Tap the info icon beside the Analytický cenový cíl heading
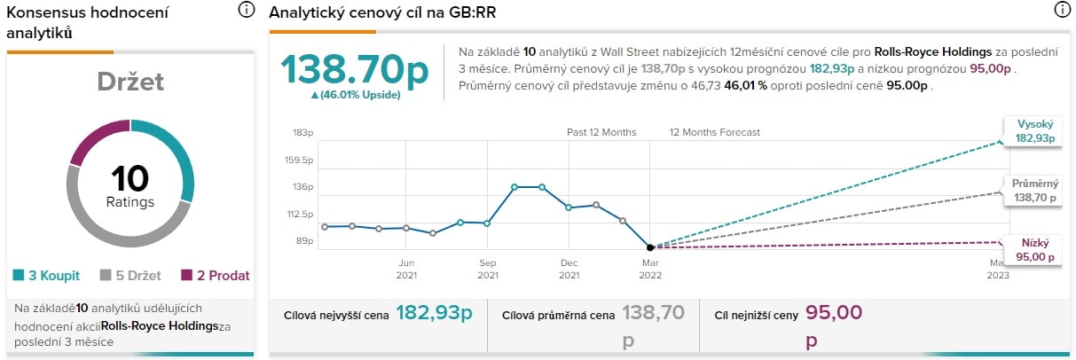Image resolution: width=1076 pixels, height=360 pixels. [1062, 11]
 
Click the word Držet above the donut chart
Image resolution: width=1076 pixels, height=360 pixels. [130, 82]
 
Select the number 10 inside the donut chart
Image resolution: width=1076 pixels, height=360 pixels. [130, 178]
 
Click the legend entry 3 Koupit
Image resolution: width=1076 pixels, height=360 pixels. [50, 276]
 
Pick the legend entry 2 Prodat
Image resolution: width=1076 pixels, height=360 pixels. [216, 276]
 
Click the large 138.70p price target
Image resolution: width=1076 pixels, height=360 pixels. [355, 67]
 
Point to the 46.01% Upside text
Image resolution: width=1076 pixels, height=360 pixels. [355, 95]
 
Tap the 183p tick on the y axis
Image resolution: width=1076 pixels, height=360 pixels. [303, 133]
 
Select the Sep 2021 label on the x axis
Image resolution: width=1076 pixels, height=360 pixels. [487, 269]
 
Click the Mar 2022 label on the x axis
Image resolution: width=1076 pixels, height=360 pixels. [649, 269]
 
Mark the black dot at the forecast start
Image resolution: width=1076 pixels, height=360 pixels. [650, 247]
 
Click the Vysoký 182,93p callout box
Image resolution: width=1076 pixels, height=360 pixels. [1033, 132]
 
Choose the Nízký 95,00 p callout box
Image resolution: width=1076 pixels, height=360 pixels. [1033, 250]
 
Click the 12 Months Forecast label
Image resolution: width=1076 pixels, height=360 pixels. [715, 133]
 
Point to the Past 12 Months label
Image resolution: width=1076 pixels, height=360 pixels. [601, 133]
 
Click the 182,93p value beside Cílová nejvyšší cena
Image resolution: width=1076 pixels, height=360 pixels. [434, 312]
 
